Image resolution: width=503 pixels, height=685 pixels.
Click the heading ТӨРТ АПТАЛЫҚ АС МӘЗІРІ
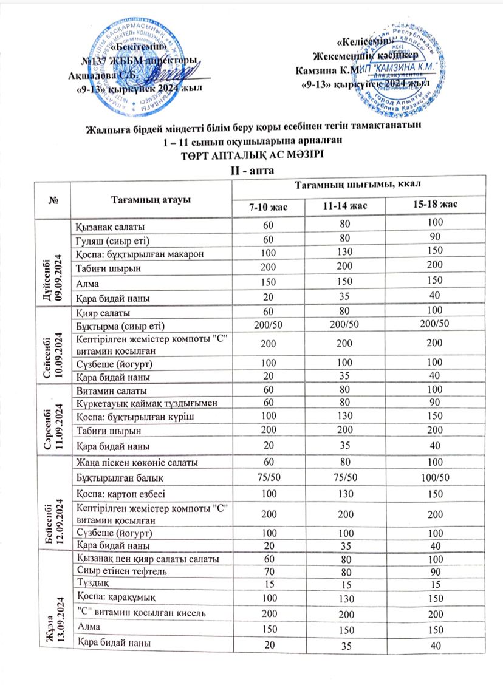click(x=251, y=154)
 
